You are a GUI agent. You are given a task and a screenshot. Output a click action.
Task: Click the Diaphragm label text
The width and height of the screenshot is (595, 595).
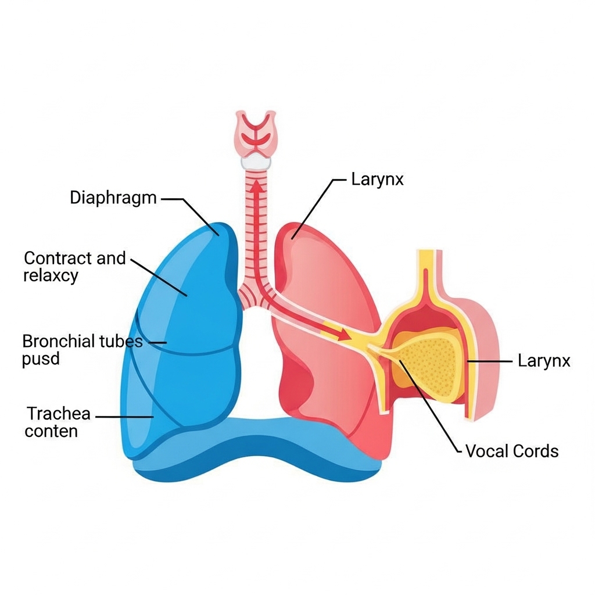113,198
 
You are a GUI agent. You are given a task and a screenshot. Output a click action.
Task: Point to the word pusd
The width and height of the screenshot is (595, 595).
41,359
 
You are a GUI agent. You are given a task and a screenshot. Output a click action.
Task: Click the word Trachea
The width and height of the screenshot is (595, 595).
59,414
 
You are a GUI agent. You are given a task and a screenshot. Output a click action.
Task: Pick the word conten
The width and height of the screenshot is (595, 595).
51,432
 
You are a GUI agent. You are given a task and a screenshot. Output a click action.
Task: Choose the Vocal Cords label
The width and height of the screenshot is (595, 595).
512,451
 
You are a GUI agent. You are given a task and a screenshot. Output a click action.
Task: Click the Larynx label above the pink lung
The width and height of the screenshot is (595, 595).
377,179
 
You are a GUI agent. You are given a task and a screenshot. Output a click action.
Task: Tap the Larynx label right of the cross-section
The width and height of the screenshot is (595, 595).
544,361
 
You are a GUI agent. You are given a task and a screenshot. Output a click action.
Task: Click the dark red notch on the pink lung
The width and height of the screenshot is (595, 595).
296,386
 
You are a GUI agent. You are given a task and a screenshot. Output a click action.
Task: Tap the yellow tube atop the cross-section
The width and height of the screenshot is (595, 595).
427,267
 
